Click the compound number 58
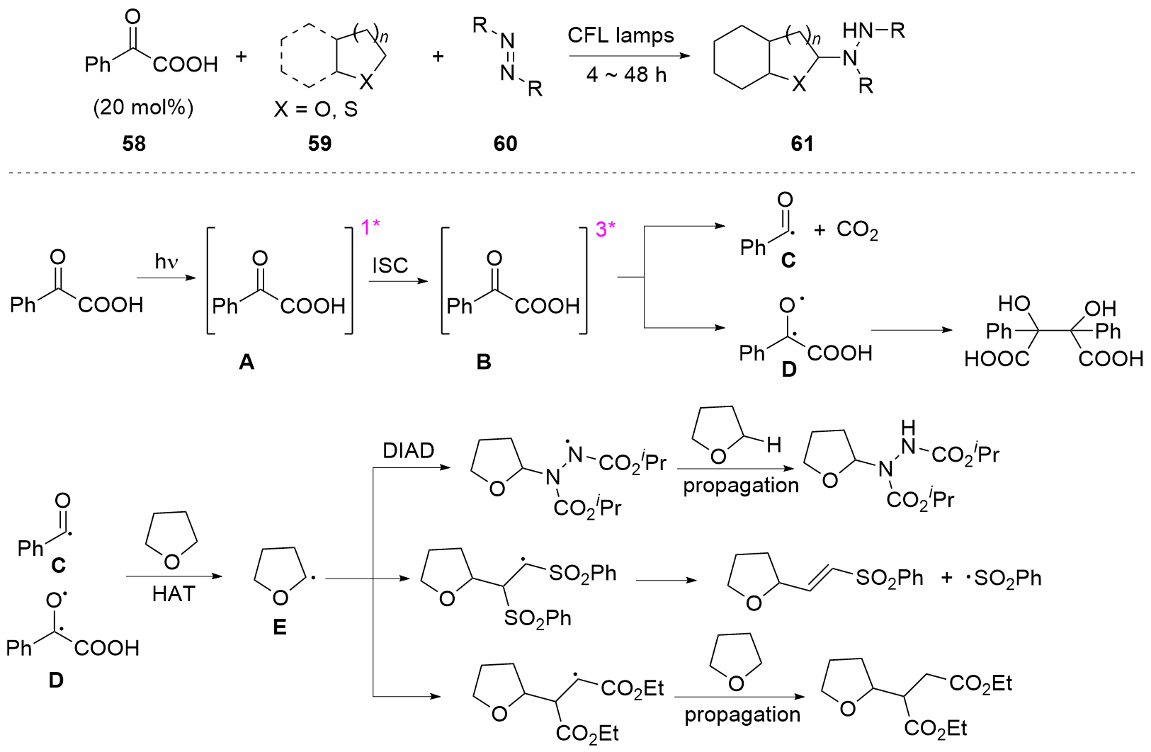(134, 144)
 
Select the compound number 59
(319, 144)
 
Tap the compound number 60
(505, 144)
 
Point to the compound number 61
(802, 144)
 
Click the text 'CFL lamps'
(620, 35)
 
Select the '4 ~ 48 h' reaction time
(626, 74)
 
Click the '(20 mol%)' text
(143, 108)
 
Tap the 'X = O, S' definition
(316, 110)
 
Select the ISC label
(390, 266)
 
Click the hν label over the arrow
(166, 262)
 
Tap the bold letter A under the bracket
(246, 363)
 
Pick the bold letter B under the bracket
(484, 363)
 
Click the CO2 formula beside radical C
(857, 230)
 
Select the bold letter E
(280, 627)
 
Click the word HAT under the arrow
(173, 595)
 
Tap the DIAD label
(409, 451)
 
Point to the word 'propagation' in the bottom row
(742, 715)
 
